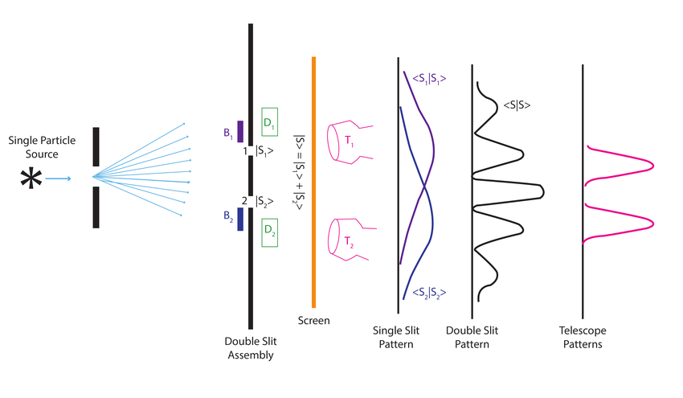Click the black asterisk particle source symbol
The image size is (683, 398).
coord(31,178)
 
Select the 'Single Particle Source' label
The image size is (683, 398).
coord(42,147)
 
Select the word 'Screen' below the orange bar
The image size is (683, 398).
coord(313,320)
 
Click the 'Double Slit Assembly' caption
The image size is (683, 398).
coord(250,347)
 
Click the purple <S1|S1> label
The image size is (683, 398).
coord(427,78)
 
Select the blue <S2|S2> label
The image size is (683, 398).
coord(427,293)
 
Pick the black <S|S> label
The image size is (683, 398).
coord(517,105)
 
